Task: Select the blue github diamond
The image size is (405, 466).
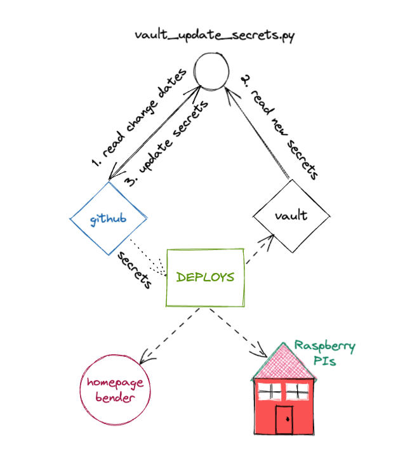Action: click(108, 219)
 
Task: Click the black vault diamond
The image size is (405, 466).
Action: click(291, 215)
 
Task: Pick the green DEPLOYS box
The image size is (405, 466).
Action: click(204, 277)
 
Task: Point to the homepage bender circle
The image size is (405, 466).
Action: click(116, 389)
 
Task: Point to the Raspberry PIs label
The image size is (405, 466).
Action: click(324, 353)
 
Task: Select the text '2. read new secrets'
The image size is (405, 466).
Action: click(280, 126)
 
